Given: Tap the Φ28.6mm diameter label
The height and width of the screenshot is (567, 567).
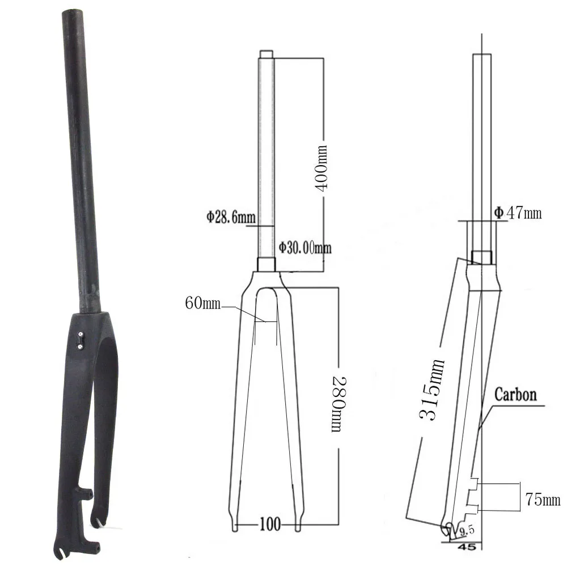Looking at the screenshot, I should point(231,216).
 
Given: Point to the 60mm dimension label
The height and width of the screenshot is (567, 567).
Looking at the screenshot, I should point(202,304).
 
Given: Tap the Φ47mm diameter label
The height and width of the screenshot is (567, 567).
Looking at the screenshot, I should point(517,213).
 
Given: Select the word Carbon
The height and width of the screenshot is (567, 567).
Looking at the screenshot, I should point(515,394).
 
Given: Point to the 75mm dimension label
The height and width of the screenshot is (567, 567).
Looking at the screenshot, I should point(543,500).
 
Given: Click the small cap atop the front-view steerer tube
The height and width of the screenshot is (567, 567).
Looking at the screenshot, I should point(266,53).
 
